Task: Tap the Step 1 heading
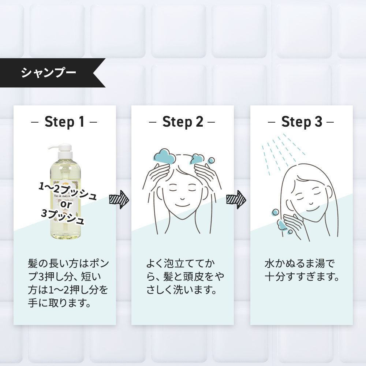(64, 122)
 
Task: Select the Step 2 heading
(183, 122)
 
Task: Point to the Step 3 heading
(301, 122)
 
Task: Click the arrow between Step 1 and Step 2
(119, 200)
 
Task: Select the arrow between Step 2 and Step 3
(236, 200)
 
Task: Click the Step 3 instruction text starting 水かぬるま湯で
(301, 270)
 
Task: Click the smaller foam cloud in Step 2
(197, 159)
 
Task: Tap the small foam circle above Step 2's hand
(211, 161)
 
